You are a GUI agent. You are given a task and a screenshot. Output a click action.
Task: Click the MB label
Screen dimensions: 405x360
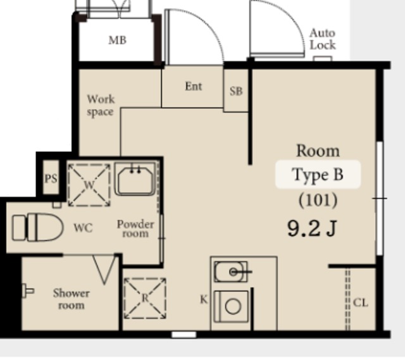click(118, 40)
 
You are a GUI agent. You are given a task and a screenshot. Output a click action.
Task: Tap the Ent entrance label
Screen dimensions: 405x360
click(194, 86)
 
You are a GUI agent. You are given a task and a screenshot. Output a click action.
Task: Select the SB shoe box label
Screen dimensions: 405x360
click(236, 91)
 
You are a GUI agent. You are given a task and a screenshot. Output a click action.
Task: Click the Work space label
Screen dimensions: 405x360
click(101, 106)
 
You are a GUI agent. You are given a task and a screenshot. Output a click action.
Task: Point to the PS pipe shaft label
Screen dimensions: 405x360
click(51, 178)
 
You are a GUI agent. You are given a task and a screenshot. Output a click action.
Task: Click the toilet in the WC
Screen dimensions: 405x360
click(38, 228)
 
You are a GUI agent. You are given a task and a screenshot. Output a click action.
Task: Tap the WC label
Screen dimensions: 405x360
click(83, 228)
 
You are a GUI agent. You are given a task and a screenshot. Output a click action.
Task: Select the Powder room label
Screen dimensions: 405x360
click(135, 229)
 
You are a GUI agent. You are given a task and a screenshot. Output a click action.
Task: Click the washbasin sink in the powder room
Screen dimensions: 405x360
click(135, 178)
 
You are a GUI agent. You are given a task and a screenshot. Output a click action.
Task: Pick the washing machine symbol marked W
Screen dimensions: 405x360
click(89, 185)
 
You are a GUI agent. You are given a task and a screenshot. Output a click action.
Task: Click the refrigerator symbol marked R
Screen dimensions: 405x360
click(145, 298)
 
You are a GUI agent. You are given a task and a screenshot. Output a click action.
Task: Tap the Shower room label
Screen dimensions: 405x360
click(72, 299)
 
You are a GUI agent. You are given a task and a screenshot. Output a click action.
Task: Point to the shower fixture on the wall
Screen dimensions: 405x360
click(28, 291)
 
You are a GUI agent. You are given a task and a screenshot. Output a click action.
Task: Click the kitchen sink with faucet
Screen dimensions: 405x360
click(231, 271)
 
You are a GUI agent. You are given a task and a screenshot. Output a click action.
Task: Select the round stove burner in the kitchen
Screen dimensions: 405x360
click(233, 307)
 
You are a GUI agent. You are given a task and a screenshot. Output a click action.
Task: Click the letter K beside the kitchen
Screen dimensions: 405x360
click(204, 299)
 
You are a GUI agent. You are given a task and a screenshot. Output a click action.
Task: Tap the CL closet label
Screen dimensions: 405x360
click(361, 302)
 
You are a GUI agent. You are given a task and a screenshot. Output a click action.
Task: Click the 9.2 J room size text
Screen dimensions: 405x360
click(312, 229)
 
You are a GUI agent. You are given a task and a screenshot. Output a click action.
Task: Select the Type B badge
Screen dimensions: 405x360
click(318, 175)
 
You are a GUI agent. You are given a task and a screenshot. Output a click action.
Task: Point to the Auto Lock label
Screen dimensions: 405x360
click(323, 39)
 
